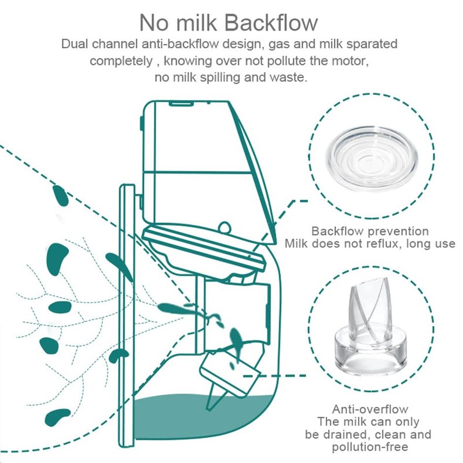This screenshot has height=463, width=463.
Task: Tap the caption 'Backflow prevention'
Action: [x=370, y=231]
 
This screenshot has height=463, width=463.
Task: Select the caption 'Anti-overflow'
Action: [x=370, y=409]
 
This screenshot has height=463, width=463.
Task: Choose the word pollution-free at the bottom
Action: [x=370, y=447]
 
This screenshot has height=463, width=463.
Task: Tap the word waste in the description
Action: [x=292, y=77]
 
